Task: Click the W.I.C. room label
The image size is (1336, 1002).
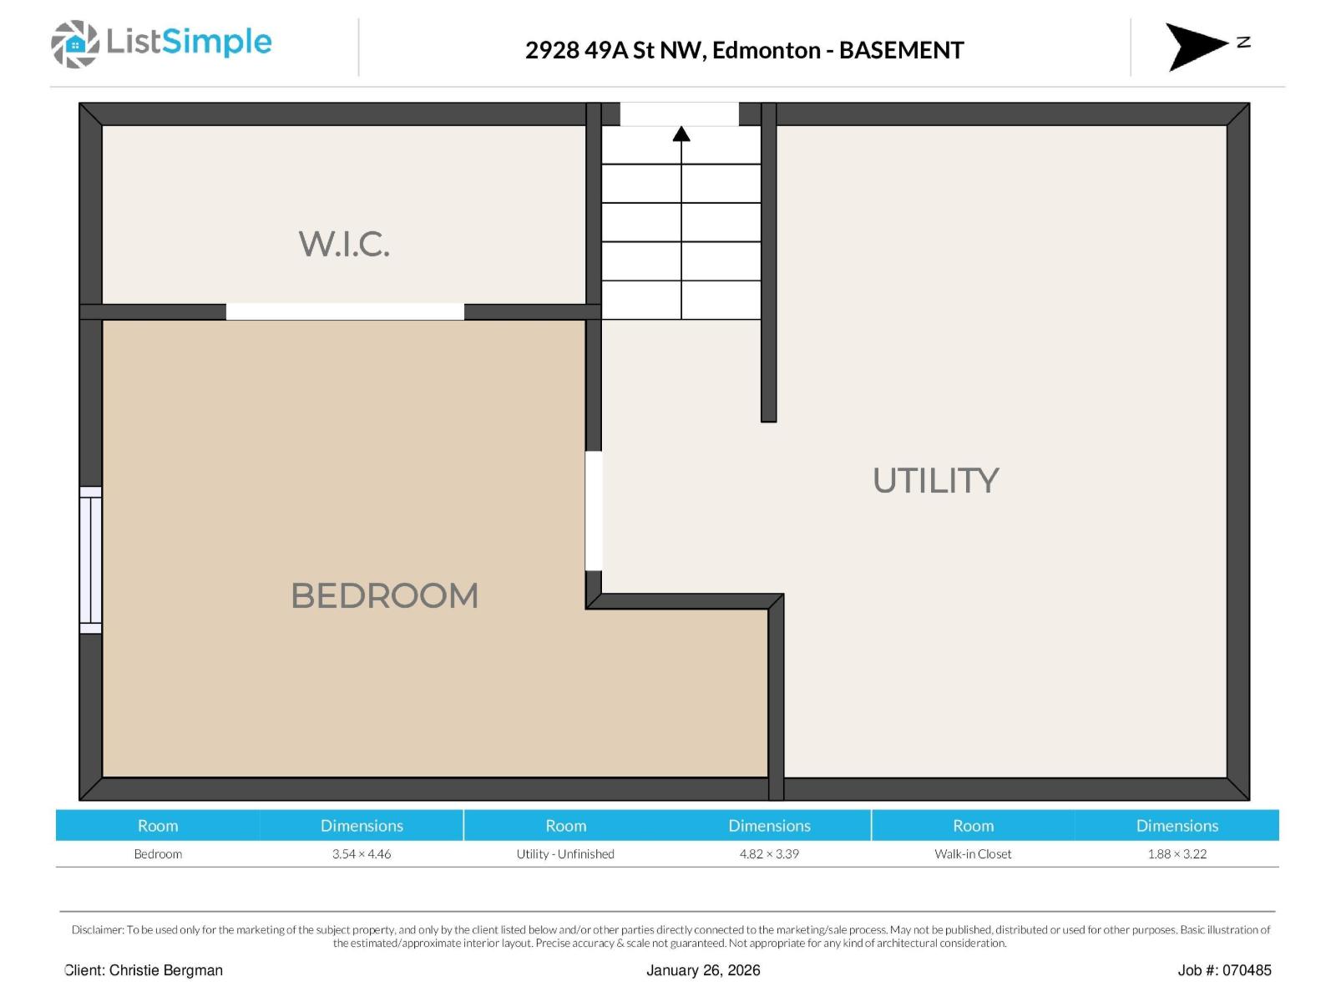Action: click(344, 244)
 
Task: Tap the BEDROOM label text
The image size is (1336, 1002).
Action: click(384, 596)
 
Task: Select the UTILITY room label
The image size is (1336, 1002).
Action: click(935, 481)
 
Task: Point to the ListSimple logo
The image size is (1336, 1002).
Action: click(162, 43)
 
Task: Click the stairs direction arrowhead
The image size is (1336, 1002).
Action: click(681, 134)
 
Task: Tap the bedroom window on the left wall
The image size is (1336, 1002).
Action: click(90, 560)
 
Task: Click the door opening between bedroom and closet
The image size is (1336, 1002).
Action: click(345, 311)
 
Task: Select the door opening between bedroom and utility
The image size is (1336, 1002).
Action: click(594, 511)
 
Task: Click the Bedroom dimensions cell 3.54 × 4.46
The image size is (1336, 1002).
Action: click(362, 853)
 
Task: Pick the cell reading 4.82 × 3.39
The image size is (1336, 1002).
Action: click(769, 853)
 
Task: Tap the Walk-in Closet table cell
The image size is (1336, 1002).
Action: click(973, 853)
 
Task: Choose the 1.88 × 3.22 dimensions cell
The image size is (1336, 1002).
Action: click(1177, 853)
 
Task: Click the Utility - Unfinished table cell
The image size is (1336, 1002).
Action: click(565, 853)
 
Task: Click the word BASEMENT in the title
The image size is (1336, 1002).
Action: click(901, 50)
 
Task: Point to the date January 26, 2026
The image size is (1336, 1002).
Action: click(703, 970)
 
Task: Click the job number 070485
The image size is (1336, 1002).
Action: click(1247, 970)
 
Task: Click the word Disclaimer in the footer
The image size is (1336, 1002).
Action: click(97, 929)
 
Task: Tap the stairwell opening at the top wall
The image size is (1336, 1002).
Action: click(679, 114)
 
